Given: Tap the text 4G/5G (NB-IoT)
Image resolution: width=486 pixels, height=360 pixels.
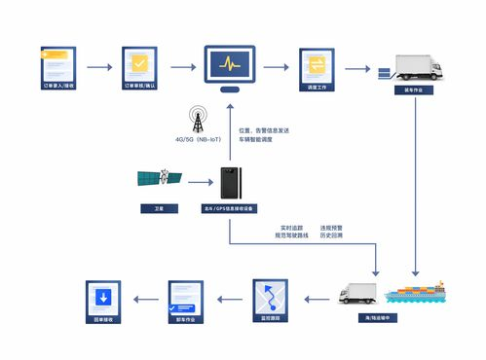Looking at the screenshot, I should pos(199,141).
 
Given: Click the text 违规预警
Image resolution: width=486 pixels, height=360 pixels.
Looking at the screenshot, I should pos(331,228).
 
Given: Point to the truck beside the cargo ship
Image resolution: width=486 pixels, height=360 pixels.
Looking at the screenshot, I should pos(357,293).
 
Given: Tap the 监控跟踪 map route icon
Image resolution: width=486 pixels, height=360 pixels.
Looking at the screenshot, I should pos(270,295).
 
